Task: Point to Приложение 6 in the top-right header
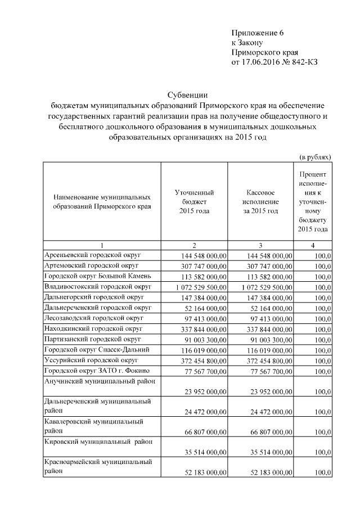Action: coord(257,32)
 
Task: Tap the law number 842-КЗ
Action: coord(304,62)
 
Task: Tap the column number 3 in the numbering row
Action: coord(260,246)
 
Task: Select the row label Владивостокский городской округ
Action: coord(98,287)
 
